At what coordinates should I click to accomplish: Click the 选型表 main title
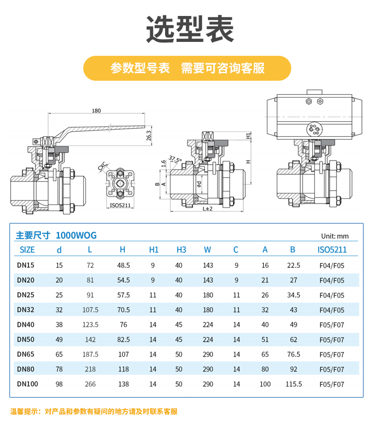(x=190, y=29)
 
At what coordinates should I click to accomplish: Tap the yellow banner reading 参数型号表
(x=187, y=68)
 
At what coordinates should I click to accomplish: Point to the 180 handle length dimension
(x=96, y=111)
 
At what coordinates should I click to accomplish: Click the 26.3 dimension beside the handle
(x=149, y=136)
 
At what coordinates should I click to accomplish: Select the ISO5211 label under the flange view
(x=120, y=206)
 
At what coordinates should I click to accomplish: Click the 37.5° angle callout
(x=175, y=159)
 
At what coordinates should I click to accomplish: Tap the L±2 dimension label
(x=207, y=209)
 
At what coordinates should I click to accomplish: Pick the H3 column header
(x=182, y=249)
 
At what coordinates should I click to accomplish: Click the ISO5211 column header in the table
(x=332, y=249)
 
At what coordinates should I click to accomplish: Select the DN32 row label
(x=25, y=310)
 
